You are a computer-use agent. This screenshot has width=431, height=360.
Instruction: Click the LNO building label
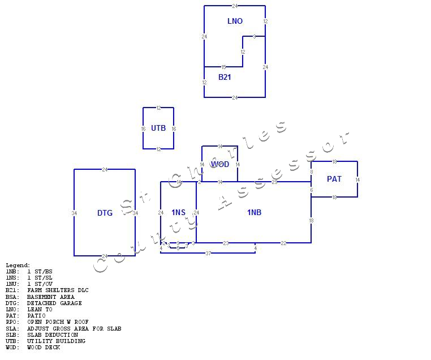pos(235,21)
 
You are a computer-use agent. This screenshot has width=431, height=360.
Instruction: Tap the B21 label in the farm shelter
pos(225,77)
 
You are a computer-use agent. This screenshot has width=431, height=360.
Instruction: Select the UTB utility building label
pos(158,128)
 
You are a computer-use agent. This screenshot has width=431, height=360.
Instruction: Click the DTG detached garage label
pos(105,213)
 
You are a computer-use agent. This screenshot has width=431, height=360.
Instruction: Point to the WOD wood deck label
pos(220,164)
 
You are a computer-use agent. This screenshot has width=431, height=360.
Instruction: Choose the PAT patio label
pos(334,179)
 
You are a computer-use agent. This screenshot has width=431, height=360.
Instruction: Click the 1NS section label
pos(178,212)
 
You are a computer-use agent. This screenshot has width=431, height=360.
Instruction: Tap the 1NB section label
pos(254,212)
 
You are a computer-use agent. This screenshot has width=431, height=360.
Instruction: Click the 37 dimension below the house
pos(208,253)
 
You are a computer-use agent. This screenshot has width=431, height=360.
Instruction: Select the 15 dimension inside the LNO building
pos(223,67)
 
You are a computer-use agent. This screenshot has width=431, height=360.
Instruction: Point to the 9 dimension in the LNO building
pos(254,37)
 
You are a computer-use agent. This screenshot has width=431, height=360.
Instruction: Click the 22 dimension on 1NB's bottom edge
pos(283,243)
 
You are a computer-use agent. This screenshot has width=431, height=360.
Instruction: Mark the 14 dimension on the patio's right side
pos(357,179)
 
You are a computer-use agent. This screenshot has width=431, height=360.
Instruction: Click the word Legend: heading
pos(18,265)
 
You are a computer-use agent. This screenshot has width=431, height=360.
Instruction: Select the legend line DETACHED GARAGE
pos(54,303)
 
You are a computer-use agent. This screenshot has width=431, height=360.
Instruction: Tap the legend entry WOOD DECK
pos(44,347)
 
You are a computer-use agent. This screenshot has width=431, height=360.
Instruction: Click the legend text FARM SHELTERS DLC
pos(58,290)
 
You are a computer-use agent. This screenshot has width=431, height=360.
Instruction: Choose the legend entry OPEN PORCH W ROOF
pos(58,322)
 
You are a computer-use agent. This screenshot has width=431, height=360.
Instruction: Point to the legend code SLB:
pos(12,335)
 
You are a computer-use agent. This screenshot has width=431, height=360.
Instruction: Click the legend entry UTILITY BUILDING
pos(56,341)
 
